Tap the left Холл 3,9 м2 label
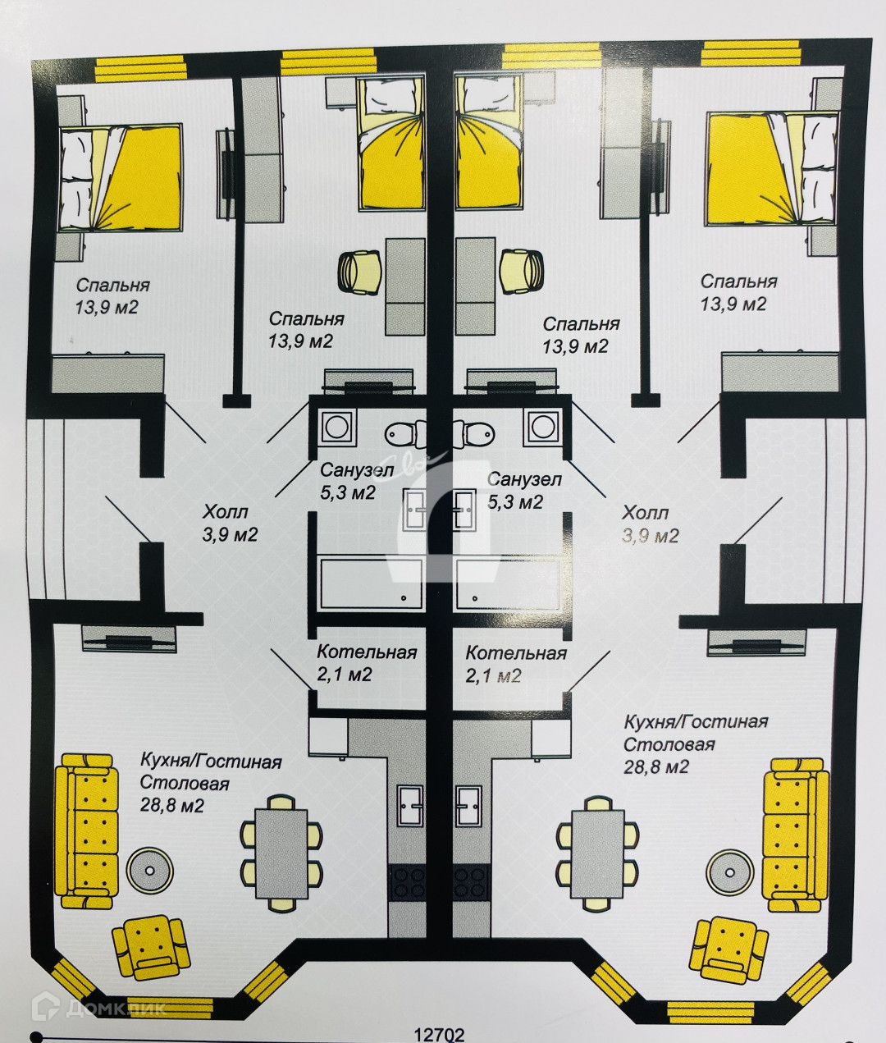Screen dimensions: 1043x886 click(231, 524)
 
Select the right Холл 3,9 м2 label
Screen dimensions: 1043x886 click(650, 524)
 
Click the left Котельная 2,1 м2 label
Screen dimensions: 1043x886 click(367, 663)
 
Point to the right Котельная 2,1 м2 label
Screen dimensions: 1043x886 click(515, 664)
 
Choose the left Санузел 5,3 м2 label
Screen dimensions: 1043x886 click(356, 482)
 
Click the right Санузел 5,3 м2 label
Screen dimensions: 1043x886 click(524, 490)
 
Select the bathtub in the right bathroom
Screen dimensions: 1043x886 click(507, 583)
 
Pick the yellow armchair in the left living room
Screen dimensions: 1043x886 click(151, 946)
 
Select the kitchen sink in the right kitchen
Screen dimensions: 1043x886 click(469, 807)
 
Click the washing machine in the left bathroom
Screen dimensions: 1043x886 click(336, 426)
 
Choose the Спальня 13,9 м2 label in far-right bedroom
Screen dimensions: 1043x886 click(738, 292)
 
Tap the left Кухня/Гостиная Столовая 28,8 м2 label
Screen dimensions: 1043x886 click(210, 783)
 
